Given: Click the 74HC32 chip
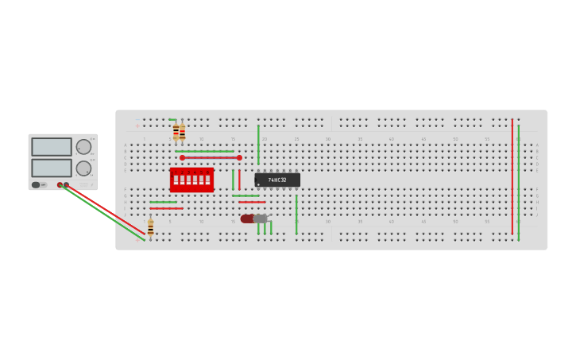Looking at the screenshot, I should [277, 180].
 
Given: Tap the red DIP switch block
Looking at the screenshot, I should [191, 180].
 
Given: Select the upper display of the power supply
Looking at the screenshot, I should [52, 147].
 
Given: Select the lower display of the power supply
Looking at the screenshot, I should [52, 168].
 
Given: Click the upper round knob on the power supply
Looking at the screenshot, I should [83, 147].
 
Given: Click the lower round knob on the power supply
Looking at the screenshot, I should [83, 168].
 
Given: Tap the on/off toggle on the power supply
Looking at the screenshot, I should [37, 185].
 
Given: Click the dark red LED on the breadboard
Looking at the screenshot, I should [247, 219].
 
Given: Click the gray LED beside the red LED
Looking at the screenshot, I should [261, 219].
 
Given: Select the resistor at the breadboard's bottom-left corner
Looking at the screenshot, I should [150, 228].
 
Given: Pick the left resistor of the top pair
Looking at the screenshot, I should [176, 131].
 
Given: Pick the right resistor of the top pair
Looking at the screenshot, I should [182, 133].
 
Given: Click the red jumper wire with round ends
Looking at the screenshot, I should [211, 157].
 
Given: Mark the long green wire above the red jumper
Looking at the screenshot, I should [204, 151].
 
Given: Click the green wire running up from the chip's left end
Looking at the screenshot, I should [258, 145].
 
